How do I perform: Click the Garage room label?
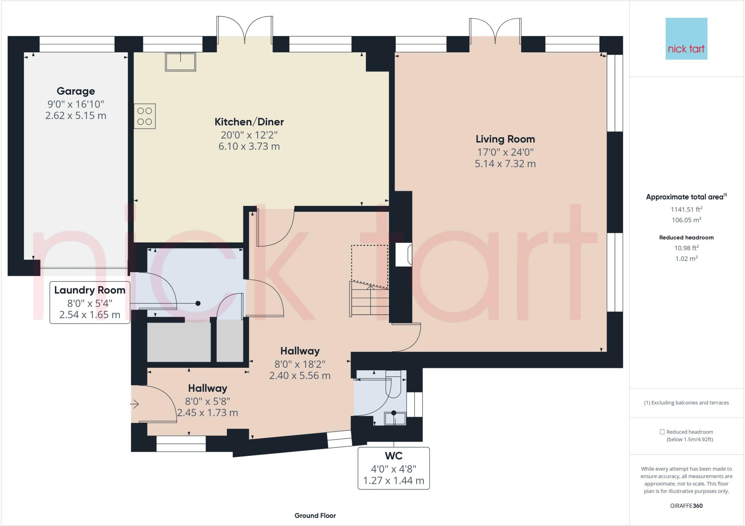click(76, 91)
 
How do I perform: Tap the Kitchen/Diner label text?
click(249, 122)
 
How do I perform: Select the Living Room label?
click(505, 139)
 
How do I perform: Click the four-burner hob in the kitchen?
click(145, 116)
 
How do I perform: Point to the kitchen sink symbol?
click(180, 61)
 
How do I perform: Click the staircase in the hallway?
click(369, 298)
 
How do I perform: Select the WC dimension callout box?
click(394, 468)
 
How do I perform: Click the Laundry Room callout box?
click(90, 302)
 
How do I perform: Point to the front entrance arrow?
click(135, 404)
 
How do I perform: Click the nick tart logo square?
click(686, 39)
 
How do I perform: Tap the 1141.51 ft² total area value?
click(686, 209)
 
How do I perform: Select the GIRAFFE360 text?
click(686, 506)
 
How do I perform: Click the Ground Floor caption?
click(315, 515)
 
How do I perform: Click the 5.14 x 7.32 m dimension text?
click(505, 164)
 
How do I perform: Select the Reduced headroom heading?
click(686, 238)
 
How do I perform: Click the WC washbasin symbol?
click(395, 418)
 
